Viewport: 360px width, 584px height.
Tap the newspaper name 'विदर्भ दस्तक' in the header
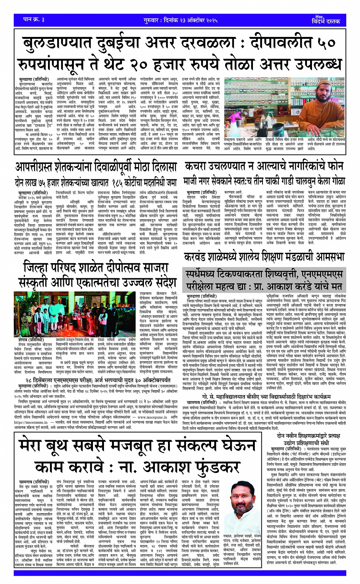coord(325,21)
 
